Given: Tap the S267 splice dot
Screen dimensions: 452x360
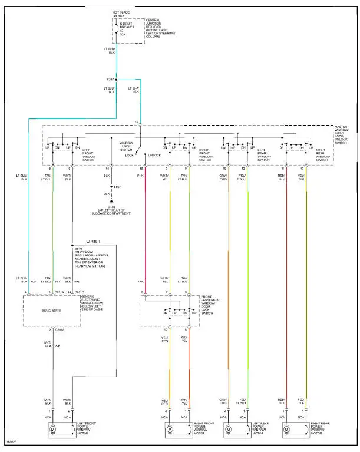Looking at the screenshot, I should click(117, 79).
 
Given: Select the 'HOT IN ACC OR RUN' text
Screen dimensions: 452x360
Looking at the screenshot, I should click(121, 14).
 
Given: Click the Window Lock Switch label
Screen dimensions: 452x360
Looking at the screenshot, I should click(126, 146).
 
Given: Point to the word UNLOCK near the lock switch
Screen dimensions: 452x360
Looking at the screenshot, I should click(154, 155).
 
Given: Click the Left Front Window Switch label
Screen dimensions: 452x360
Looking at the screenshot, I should click(90, 153).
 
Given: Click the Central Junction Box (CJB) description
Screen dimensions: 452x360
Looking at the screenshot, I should click(155, 28).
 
